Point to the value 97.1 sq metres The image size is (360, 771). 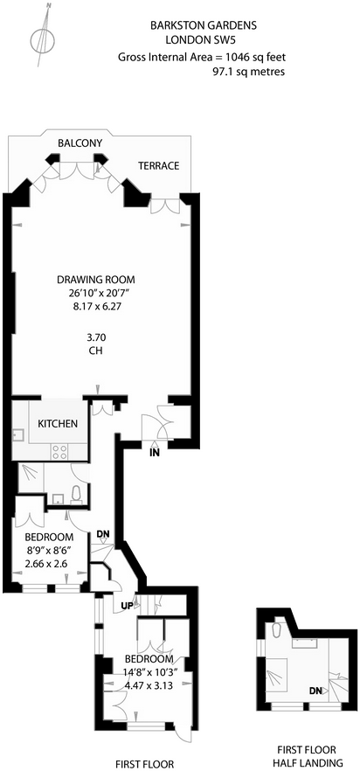pyautogui.click(x=248, y=72)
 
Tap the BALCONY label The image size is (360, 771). pyautogui.click(x=80, y=142)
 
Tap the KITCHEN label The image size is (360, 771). pyautogui.click(x=58, y=424)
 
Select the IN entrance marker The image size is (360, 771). pyautogui.click(x=155, y=453)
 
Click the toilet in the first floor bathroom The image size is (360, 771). pyautogui.click(x=77, y=492)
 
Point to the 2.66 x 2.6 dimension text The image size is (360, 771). pyautogui.click(x=49, y=565)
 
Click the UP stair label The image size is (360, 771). pyautogui.click(x=126, y=606)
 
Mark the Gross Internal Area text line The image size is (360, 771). pyautogui.click(x=202, y=57)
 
